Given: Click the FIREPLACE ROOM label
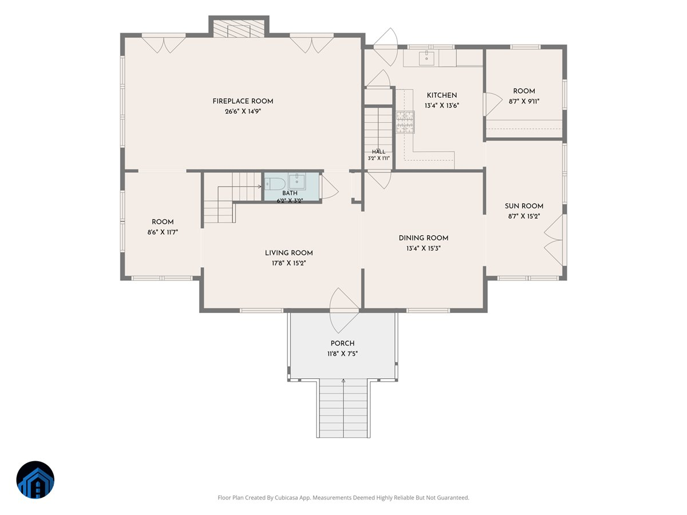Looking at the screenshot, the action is coord(243,101).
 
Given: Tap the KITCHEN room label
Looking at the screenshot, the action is coord(441,96).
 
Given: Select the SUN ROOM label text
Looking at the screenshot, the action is coord(524,206).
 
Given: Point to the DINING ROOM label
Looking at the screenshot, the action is coord(424,238).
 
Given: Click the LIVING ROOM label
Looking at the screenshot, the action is coord(289,253).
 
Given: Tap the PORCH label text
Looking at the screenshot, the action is coord(342,343).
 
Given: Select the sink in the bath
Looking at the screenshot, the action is coord(297,181).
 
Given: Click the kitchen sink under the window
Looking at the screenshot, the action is coord(427,58).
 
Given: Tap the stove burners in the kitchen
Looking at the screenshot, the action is coord(405,122).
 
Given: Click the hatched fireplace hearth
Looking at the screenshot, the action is coord(239,29).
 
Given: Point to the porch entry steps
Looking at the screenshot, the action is coord(343,408).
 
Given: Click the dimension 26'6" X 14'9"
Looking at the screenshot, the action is coord(243,112).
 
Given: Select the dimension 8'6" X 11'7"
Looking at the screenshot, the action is coord(163,232).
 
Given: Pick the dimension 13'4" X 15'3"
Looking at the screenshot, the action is coord(424,248).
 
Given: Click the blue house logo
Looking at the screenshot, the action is coord(35,480).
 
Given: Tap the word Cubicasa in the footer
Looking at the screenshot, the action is coord(286,497).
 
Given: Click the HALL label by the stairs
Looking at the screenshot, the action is coord(379,152).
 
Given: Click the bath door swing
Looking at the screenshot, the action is coord(330,187).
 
